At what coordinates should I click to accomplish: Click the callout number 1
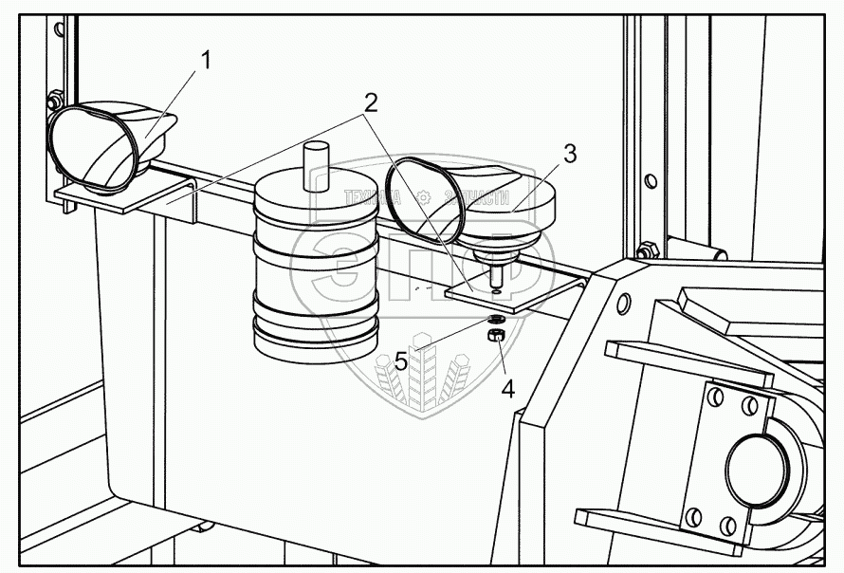coord(206,60)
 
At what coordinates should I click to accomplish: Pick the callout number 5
coord(401,360)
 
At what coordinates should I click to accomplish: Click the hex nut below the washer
coord(495,335)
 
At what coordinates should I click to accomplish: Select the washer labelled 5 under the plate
coord(497,320)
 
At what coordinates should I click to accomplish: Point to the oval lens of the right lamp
coord(424,202)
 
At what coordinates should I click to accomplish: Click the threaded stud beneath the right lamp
coord(495,278)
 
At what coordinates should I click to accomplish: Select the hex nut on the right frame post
coord(648,250)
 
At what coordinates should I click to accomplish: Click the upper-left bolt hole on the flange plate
coord(717,395)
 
